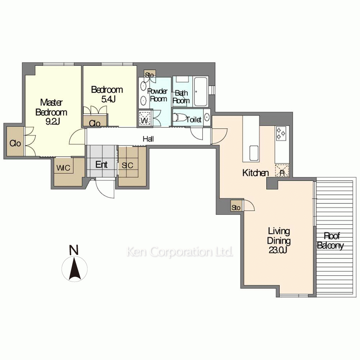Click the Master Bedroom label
click(x=51, y=112)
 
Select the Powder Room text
click(x=158, y=95)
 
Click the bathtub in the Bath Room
click(x=200, y=91)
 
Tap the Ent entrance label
click(x=102, y=165)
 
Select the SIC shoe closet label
click(x=127, y=166)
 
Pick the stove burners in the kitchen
click(x=281, y=134)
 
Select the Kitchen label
click(x=256, y=173)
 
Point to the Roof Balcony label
click(x=330, y=241)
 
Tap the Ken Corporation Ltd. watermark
click(x=179, y=252)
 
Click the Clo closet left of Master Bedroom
click(x=15, y=143)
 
